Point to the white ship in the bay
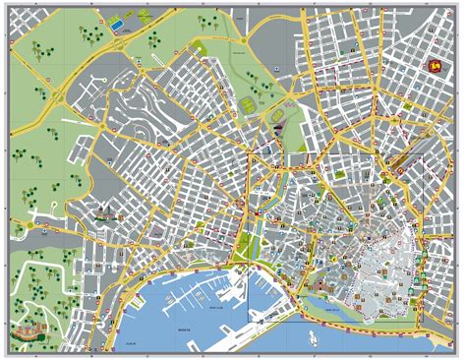[313, 338]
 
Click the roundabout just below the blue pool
[118, 43]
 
